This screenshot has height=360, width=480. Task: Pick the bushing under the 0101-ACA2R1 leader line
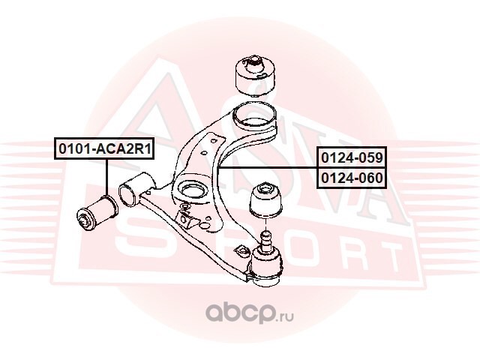[x=95, y=211]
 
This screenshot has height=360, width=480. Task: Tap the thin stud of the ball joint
[x=265, y=241]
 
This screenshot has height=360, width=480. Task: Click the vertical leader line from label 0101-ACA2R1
[x=106, y=176]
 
